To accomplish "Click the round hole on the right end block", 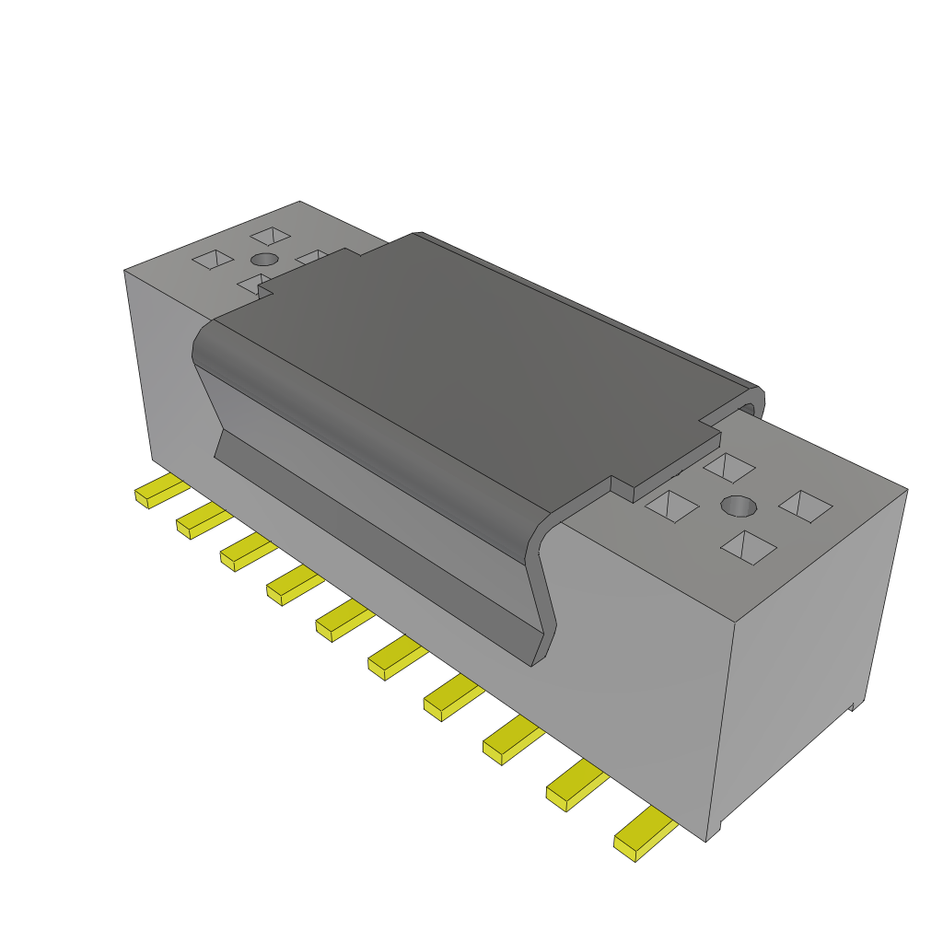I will pyautogui.click(x=739, y=506).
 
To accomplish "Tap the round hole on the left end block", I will pyautogui.click(x=264, y=259).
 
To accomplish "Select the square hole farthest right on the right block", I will pyautogui.click(x=806, y=506).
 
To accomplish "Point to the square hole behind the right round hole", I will pyautogui.click(x=729, y=467).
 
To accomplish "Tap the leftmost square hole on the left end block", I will pyautogui.click(x=212, y=259).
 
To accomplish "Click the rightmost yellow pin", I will pyautogui.click(x=645, y=833).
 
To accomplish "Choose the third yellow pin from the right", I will pyautogui.click(x=509, y=740).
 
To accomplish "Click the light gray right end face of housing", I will pyautogui.click(x=810, y=645).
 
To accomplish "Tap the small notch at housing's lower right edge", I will pyautogui.click(x=854, y=705).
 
